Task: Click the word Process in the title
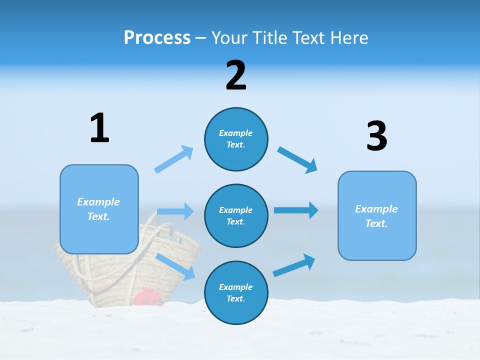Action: pyautogui.click(x=157, y=37)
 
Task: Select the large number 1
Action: pyautogui.click(x=99, y=128)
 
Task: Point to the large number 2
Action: pyautogui.click(x=236, y=76)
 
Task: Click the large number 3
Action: pyautogui.click(x=376, y=136)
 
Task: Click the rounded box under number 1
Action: pyautogui.click(x=99, y=209)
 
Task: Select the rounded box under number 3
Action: pyautogui.click(x=377, y=215)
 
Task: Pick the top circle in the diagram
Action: pyautogui.click(x=236, y=139)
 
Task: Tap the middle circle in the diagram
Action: pyautogui.click(x=236, y=215)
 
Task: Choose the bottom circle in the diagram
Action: pyautogui.click(x=236, y=292)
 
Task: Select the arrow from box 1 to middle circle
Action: pyautogui.click(x=175, y=211)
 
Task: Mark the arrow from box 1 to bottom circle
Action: pyautogui.click(x=176, y=266)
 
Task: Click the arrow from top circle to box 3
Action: pyautogui.click(x=297, y=159)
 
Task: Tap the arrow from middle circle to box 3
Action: pyautogui.click(x=296, y=210)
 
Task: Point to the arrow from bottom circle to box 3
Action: pyautogui.click(x=294, y=265)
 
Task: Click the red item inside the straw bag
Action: pyautogui.click(x=147, y=296)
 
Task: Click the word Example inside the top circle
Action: pyautogui.click(x=236, y=133)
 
